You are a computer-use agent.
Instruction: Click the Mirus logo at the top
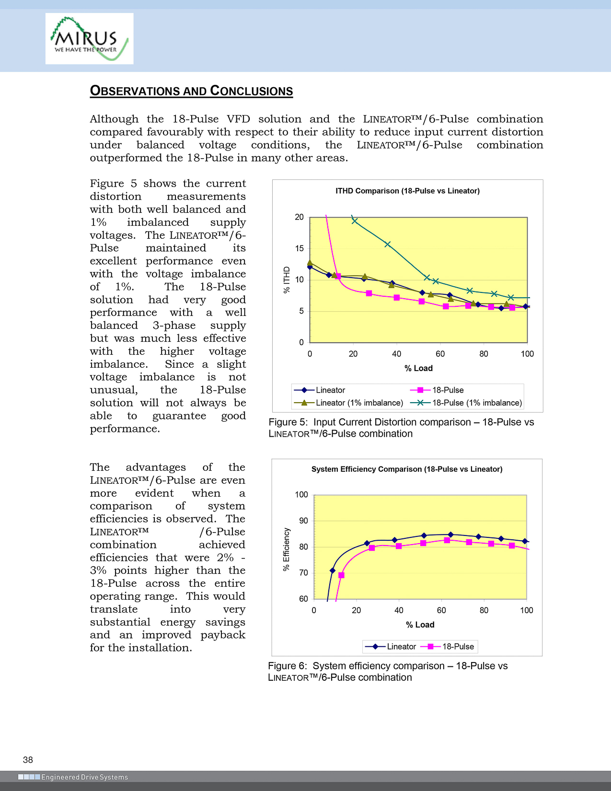point(89,38)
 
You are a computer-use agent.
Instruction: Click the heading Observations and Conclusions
point(191,91)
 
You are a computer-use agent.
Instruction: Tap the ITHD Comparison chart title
point(407,191)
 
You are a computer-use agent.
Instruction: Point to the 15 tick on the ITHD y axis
point(300,248)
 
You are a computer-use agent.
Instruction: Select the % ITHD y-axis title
point(287,279)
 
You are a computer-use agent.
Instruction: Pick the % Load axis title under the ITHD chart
point(418,368)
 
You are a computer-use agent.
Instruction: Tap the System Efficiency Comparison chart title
point(407,469)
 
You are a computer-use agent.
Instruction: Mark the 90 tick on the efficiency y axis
point(302,521)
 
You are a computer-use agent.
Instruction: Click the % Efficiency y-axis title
point(287,549)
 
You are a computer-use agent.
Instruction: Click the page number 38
point(28,760)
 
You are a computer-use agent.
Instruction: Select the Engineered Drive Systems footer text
point(84,777)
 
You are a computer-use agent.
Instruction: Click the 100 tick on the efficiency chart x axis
point(526,610)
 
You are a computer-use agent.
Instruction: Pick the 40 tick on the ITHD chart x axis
point(396,354)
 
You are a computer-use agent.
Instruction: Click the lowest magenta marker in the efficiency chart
point(341,575)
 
